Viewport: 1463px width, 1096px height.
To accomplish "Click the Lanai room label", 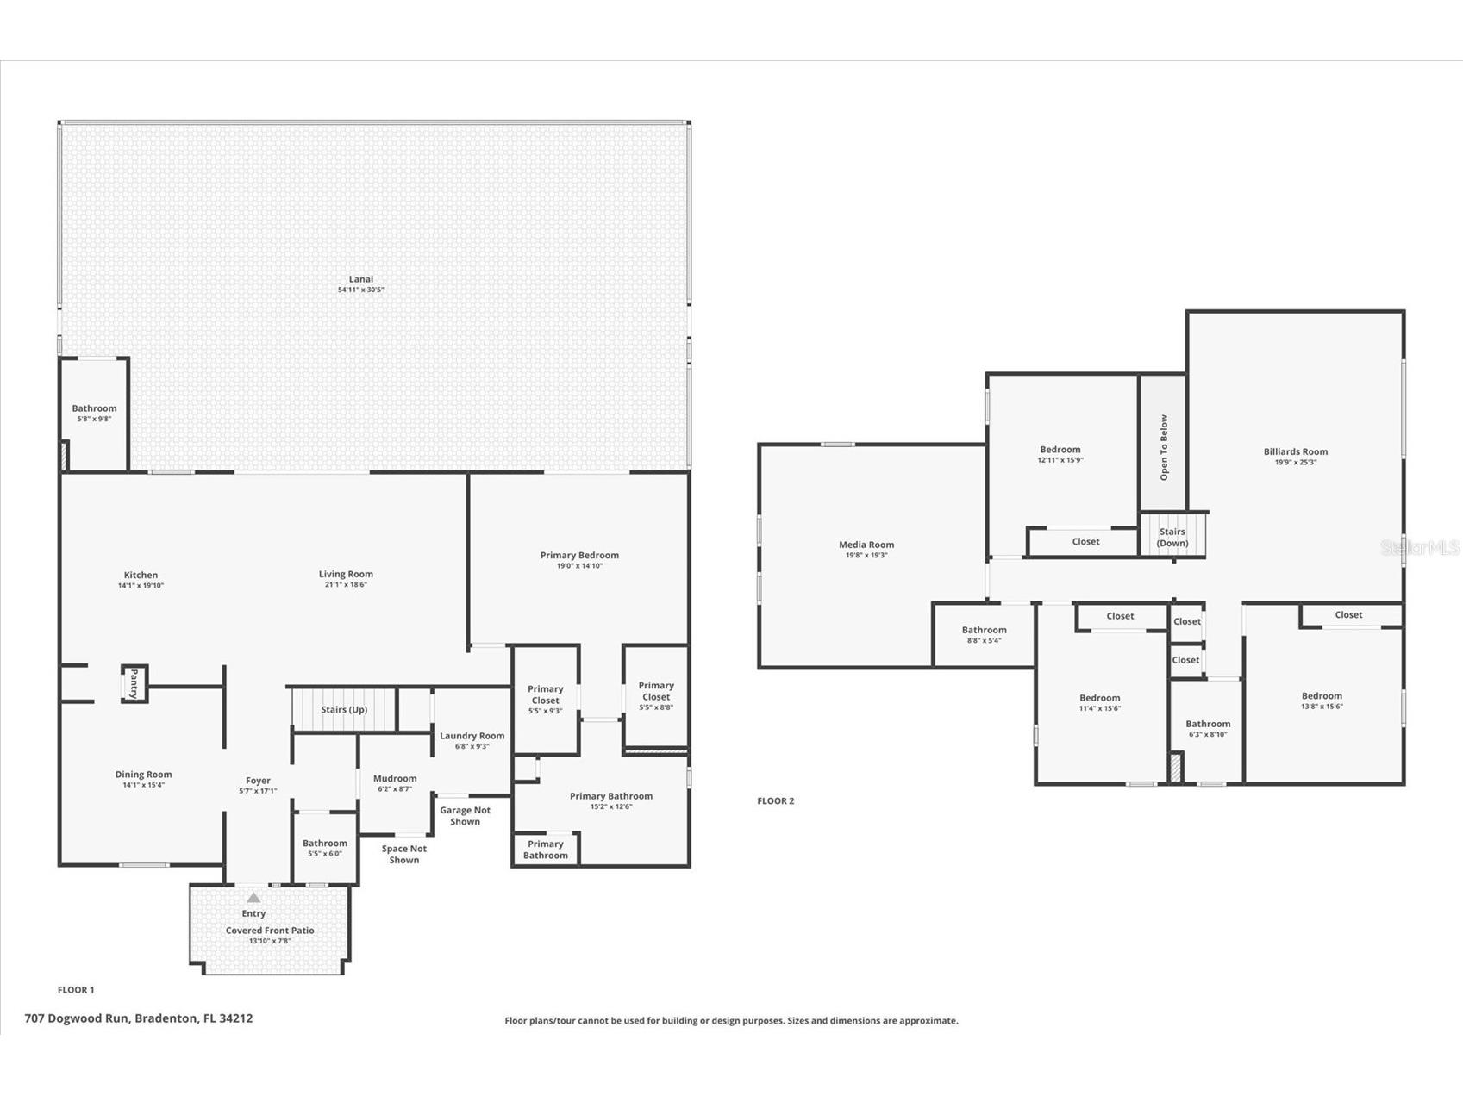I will click(x=360, y=279).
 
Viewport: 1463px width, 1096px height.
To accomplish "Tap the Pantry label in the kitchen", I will click(x=134, y=683).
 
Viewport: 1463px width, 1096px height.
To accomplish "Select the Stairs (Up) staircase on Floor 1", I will click(x=344, y=709).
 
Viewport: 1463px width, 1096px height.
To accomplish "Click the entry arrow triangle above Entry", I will click(x=253, y=898).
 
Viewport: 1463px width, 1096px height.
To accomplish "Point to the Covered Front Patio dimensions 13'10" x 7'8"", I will click(x=270, y=941).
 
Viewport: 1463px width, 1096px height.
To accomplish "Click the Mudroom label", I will click(x=395, y=778).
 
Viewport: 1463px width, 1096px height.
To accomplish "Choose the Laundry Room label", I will click(x=472, y=736).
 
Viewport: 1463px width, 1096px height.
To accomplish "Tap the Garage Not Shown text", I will click(x=465, y=815).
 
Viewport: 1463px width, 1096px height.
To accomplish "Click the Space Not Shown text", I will click(x=403, y=854).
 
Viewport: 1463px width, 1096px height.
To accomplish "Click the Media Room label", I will click(x=866, y=545).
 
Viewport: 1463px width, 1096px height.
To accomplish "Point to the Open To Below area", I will click(x=1163, y=446).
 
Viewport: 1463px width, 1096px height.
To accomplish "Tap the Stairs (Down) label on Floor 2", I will click(x=1172, y=537).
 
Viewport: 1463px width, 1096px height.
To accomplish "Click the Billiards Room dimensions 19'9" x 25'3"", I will click(x=1295, y=463).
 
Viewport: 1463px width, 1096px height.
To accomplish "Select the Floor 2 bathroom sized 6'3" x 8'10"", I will click(x=1207, y=729).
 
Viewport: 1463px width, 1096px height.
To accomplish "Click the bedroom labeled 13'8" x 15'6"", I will click(x=1321, y=701).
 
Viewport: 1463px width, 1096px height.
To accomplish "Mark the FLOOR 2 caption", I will click(x=775, y=800).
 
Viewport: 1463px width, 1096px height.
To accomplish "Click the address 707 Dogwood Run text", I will click(x=139, y=1018).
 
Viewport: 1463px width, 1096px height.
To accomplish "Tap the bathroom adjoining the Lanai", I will click(x=94, y=413).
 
